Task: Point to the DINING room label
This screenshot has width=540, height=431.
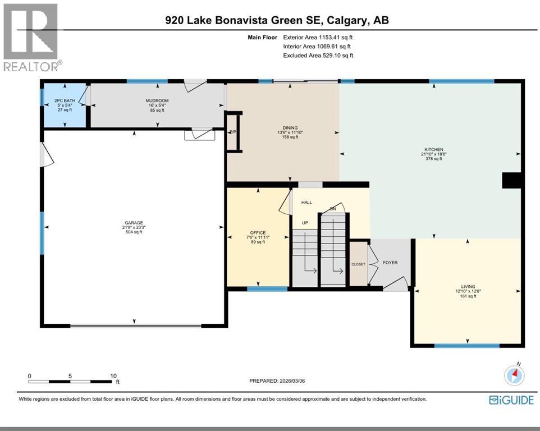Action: tap(290, 127)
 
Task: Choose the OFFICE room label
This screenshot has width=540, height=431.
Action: tap(258, 232)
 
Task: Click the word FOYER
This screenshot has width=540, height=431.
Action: tap(390, 262)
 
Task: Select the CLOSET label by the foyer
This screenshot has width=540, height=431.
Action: tap(358, 264)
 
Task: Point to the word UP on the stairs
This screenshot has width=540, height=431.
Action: tap(306, 223)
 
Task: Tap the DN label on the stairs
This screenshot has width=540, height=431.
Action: tap(333, 209)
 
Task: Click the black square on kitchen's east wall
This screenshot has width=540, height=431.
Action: tap(512, 180)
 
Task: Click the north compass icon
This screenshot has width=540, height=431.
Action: tap(515, 375)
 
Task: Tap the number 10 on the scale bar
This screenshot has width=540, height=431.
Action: tap(113, 376)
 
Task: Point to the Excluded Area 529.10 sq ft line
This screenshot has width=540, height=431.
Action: tap(318, 56)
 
